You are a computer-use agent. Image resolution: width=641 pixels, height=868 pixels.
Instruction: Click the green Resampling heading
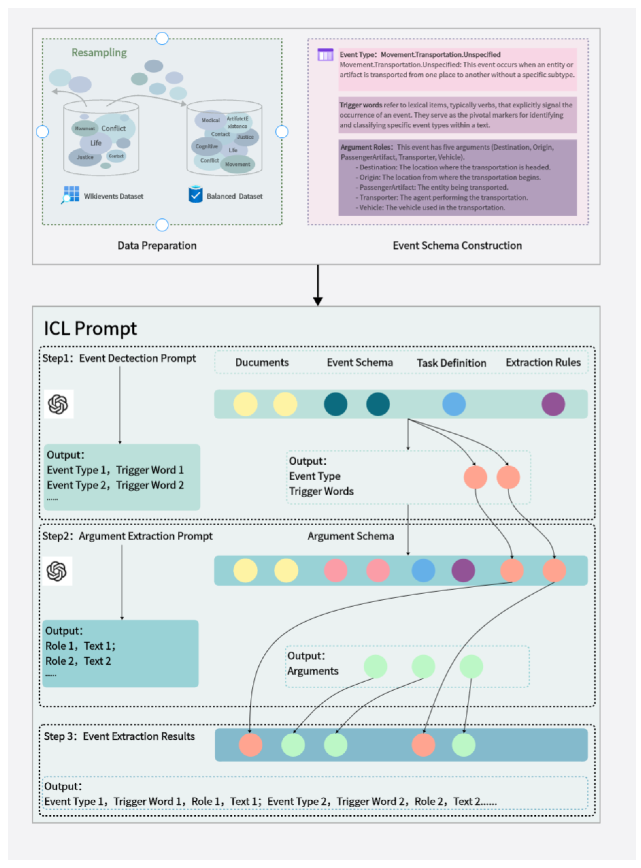(x=99, y=52)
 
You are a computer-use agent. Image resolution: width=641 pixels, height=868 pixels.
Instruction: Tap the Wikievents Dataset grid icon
(x=71, y=194)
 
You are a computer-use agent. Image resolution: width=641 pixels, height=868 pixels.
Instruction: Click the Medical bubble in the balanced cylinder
(x=210, y=120)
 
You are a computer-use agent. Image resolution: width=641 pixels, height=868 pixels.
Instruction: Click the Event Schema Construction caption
(x=457, y=245)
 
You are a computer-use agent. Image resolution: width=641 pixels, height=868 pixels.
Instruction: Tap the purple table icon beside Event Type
(x=325, y=55)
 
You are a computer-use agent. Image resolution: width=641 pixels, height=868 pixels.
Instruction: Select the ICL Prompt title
(x=90, y=328)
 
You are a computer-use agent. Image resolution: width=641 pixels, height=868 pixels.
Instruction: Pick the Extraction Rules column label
(x=543, y=362)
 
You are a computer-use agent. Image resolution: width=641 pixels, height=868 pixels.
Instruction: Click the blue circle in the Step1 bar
(x=454, y=404)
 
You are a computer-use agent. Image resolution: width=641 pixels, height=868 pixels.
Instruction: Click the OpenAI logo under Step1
(x=58, y=404)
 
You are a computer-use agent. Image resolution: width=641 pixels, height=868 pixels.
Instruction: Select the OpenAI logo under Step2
(x=57, y=571)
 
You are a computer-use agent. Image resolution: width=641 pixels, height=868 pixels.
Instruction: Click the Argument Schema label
(x=350, y=536)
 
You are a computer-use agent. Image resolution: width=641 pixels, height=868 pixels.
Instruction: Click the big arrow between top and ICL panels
(x=318, y=285)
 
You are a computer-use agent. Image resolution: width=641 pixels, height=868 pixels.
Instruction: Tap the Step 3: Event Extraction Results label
(x=119, y=736)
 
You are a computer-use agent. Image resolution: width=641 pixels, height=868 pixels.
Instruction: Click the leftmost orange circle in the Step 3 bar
(x=250, y=745)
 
